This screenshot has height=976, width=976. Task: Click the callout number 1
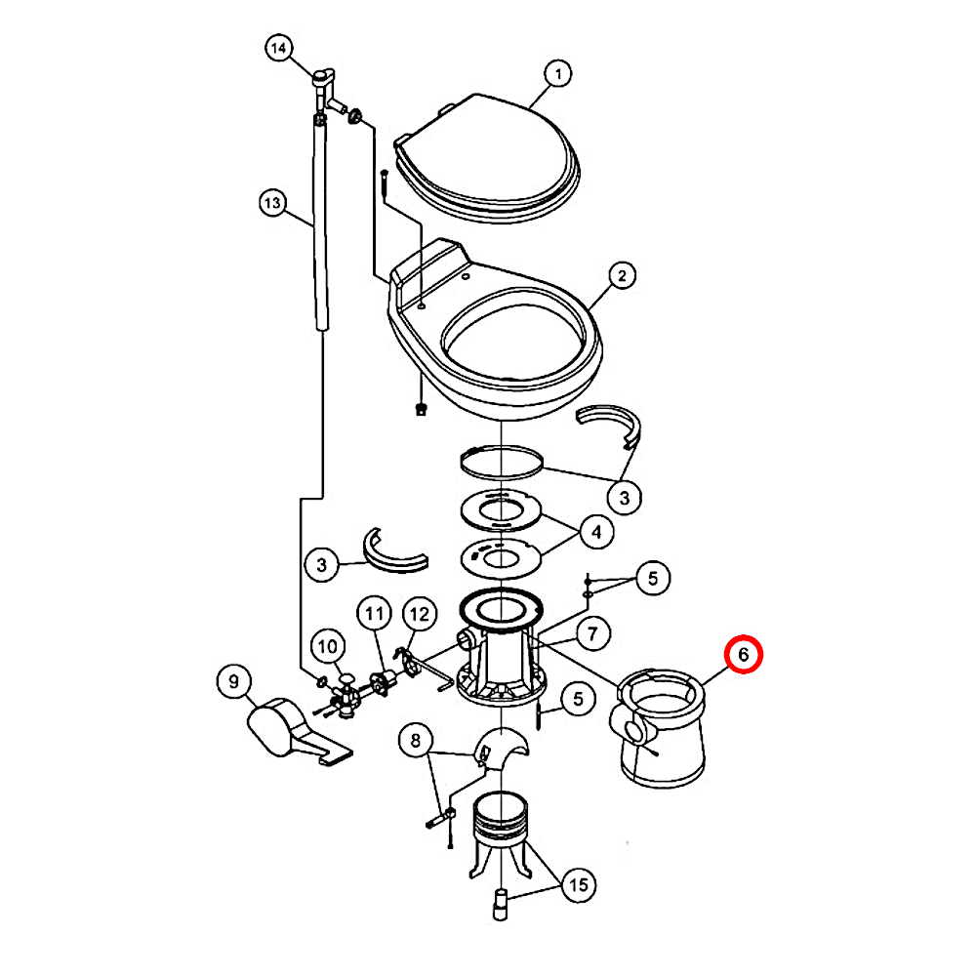[557, 74]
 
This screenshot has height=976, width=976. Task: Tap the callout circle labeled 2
[622, 275]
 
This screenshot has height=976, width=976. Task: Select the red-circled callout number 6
[743, 654]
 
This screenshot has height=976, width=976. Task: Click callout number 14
[279, 48]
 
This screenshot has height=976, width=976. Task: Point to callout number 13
[273, 203]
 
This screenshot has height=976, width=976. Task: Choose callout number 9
[233, 681]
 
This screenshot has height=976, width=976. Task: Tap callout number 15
[578, 884]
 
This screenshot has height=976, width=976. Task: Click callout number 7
[592, 633]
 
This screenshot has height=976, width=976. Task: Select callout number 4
[596, 532]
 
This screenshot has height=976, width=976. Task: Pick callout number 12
[419, 614]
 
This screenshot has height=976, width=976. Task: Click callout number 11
[374, 614]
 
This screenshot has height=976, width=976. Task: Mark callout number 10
[327, 647]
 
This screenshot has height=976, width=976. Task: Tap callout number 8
[415, 740]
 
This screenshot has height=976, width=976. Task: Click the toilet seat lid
[487, 159]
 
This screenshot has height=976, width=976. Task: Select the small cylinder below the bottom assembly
[501, 905]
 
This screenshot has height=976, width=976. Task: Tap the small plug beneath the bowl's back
[422, 409]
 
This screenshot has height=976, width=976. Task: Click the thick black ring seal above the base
[501, 607]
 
